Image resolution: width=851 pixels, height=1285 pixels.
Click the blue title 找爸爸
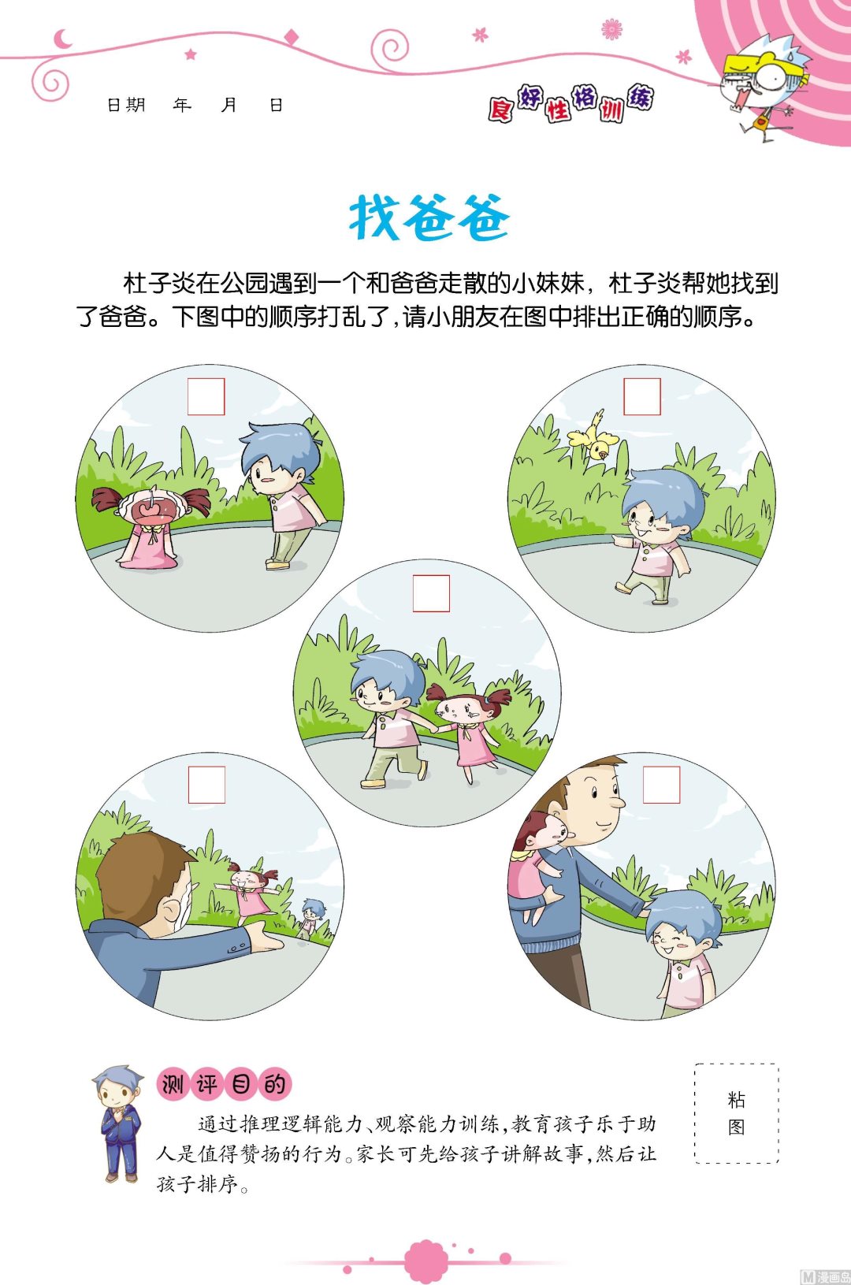point(429,217)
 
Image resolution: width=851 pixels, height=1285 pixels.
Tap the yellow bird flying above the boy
point(593,436)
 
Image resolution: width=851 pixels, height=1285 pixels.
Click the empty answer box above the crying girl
point(206,396)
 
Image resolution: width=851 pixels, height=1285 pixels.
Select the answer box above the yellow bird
point(642,396)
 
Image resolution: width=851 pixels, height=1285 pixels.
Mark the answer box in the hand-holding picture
point(431,593)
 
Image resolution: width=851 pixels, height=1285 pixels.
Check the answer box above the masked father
point(206,785)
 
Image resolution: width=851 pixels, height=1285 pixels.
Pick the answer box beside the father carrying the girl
point(661,785)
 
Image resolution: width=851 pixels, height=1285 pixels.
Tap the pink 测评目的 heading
point(224,1085)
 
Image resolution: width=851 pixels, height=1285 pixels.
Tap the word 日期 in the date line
point(125,105)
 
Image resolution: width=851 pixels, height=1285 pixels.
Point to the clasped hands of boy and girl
point(437,730)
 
